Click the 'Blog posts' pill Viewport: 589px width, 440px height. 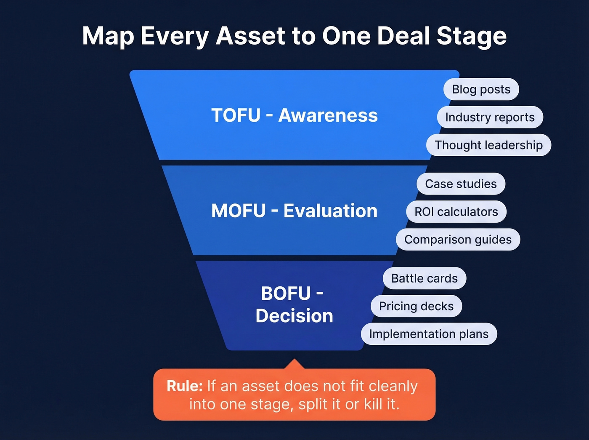tap(481, 89)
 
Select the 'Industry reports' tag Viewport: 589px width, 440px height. tap(490, 117)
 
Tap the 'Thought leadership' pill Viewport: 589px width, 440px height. tap(488, 145)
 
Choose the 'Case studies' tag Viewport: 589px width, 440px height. tap(461, 184)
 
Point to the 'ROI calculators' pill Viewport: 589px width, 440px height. tap(456, 211)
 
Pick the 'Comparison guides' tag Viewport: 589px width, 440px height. tap(458, 240)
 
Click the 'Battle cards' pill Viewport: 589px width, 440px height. tap(424, 278)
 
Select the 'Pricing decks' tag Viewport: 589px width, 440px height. tap(416, 306)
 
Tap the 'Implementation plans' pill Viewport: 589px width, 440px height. tap(429, 334)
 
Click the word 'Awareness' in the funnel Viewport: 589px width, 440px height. tap(328, 115)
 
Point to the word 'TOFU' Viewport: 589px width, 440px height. tap(236, 115)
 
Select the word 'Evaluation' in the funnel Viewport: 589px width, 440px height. tap(330, 211)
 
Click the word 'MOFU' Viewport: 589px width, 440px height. tap(239, 211)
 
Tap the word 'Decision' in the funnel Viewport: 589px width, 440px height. tap(294, 316)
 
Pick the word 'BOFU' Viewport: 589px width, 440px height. tap(286, 293)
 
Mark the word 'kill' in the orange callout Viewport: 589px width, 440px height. tap(373, 404)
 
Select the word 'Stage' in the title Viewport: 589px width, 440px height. tap(471, 36)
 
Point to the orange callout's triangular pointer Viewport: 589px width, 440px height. tap(294, 364)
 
